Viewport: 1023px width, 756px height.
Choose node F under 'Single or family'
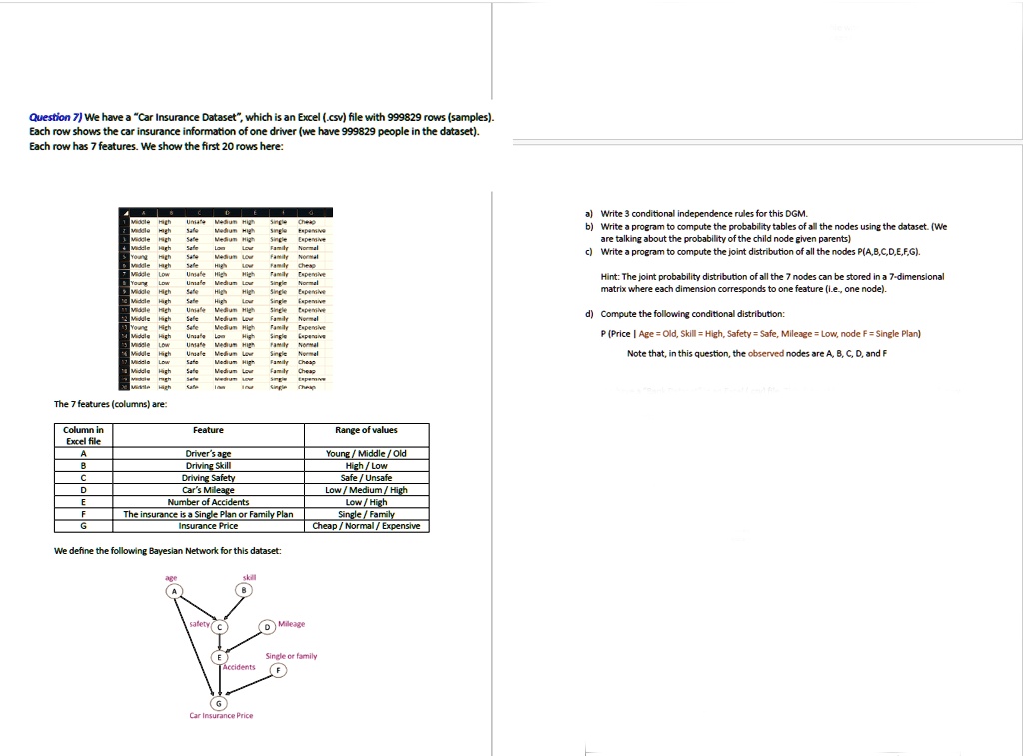tap(280, 671)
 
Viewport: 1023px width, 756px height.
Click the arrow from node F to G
tap(247, 687)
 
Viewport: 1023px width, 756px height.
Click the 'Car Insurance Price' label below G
tap(221, 716)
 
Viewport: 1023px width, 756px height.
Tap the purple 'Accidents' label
tap(241, 667)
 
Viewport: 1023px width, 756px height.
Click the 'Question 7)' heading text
tap(55, 118)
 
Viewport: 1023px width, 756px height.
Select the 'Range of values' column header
tap(366, 430)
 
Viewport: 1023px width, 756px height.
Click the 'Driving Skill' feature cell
tap(208, 465)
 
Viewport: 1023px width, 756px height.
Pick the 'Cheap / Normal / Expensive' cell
tap(366, 526)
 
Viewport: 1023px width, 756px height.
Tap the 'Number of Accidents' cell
tap(208, 502)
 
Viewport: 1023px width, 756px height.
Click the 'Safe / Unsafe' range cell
tap(366, 478)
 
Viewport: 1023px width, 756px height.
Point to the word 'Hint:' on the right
tap(612, 277)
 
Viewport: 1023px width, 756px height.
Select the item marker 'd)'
tap(591, 315)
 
